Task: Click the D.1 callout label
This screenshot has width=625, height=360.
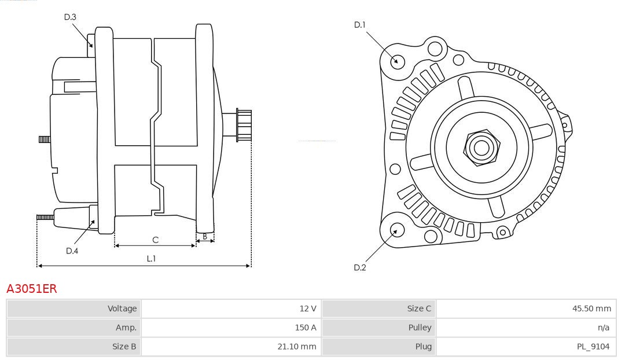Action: tap(360, 25)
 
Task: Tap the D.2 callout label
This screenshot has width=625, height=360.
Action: tap(360, 267)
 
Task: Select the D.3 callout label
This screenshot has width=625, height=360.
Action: tap(70, 17)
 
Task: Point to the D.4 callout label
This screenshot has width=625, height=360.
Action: tap(72, 251)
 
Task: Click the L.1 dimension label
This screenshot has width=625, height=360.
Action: tap(151, 259)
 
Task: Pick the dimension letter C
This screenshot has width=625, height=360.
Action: tap(155, 240)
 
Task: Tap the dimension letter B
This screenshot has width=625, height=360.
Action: tap(205, 236)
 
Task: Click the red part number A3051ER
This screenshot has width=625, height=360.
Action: tap(32, 289)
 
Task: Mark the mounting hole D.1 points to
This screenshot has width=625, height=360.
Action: tap(397, 61)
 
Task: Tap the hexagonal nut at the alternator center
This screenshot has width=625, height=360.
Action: tap(481, 148)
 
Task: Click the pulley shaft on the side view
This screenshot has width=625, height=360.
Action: tap(242, 125)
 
